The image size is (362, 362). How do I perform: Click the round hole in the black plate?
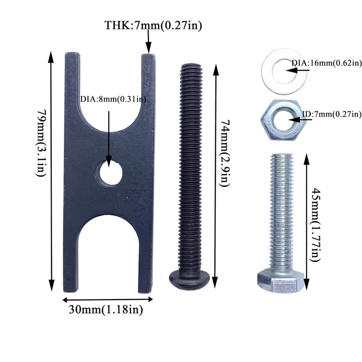109,172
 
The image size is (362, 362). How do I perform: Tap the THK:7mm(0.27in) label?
153,25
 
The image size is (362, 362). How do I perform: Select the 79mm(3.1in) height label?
42,143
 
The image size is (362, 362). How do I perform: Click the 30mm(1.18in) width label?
106,310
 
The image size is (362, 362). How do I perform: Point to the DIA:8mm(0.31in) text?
113,99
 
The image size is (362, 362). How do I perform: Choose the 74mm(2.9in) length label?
225,153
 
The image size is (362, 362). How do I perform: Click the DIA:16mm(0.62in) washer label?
326,63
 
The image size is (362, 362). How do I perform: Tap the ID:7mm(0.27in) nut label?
332,114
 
